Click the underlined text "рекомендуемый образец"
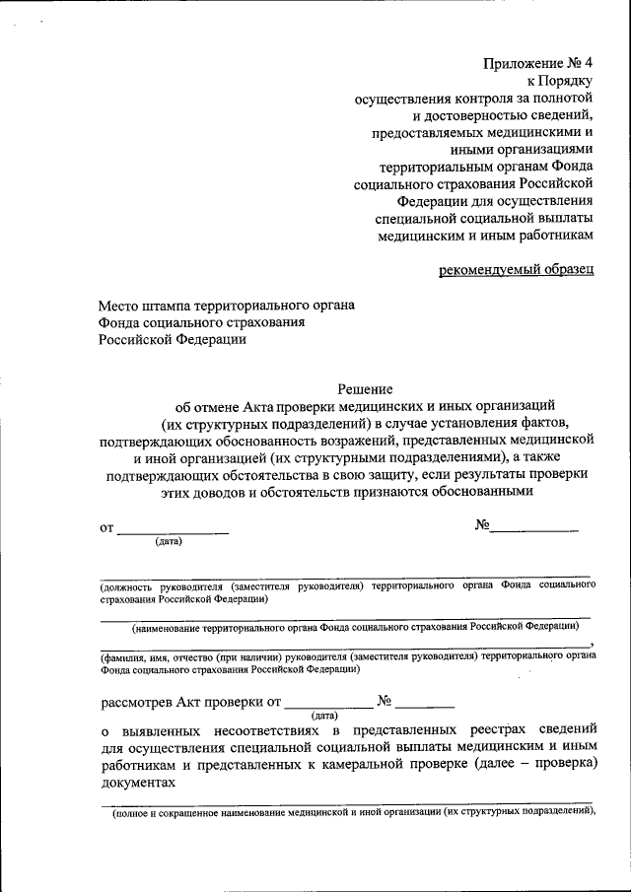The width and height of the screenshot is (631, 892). click(517, 270)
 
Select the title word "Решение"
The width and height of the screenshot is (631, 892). click(365, 388)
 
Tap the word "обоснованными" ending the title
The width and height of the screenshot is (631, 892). click(483, 492)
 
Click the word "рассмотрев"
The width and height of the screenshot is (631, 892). click(136, 703)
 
